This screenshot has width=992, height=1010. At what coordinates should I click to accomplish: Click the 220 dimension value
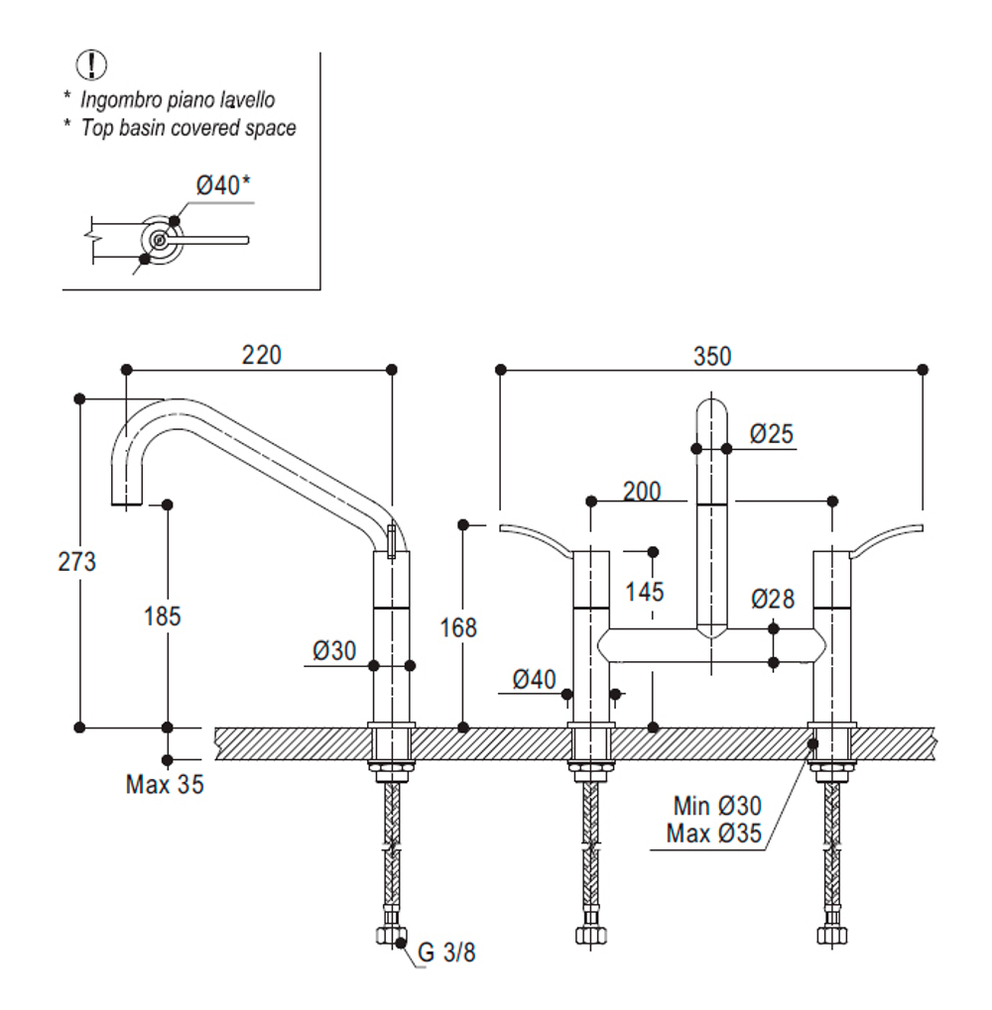pos(262,355)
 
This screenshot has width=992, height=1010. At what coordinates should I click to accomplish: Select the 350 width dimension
pos(712,356)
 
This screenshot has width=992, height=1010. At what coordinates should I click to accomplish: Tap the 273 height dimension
pos(76,562)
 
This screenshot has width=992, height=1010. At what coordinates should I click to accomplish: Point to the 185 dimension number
pos(163,617)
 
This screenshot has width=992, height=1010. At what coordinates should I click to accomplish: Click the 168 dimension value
pos(458,628)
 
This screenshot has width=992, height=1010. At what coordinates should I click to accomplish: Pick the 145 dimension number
pos(645,592)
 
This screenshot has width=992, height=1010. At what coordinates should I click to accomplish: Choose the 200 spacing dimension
pos(642,493)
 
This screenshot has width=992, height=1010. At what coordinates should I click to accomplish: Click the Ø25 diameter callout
pos(772,434)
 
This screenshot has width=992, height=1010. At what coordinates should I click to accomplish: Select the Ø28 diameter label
pos(773,600)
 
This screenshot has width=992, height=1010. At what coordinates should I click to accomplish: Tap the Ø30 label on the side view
pos(334,651)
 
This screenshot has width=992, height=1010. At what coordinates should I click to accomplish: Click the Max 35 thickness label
pos(165,785)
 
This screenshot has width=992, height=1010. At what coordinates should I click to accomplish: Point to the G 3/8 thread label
pos(446,953)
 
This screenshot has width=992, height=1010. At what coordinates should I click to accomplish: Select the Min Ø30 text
pos(717,806)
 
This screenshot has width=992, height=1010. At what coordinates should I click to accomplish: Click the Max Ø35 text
pos(714,834)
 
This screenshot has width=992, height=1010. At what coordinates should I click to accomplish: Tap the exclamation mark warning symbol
pos(92,65)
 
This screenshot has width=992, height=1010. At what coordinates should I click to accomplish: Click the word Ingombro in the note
pos(121,100)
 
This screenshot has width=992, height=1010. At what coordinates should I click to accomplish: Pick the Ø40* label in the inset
pos(223,185)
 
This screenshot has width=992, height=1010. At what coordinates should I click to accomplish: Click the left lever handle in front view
pos(536,538)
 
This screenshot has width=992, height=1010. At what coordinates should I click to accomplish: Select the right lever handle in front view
pos(887,539)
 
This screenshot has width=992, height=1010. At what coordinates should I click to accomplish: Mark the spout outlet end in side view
pos(126,505)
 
